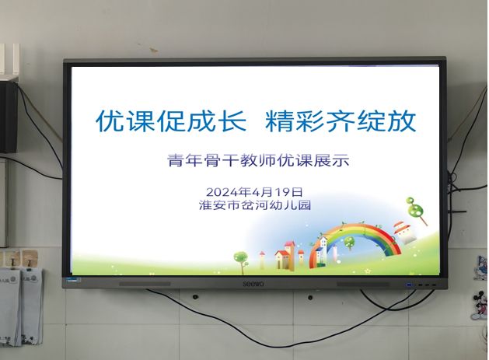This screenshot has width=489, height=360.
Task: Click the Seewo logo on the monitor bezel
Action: click(253, 284)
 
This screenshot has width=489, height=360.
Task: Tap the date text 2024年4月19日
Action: click(254, 191)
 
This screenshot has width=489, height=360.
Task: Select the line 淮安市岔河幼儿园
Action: click(255, 205)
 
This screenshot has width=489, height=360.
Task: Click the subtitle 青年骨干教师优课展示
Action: click(258, 160)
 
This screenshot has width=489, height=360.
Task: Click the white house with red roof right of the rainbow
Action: click(404, 232)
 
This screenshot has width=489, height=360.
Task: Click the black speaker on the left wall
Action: click(9, 117)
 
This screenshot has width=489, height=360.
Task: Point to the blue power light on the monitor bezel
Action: click(408, 285)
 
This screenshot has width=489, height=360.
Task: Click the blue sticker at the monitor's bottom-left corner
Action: click(73, 279)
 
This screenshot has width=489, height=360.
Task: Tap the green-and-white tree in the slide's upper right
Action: click(416, 209)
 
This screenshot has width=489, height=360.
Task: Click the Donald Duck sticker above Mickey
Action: click(482, 267)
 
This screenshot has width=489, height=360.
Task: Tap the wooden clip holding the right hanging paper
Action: click(30, 259)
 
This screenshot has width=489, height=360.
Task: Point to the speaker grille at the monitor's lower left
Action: click(145, 285)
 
